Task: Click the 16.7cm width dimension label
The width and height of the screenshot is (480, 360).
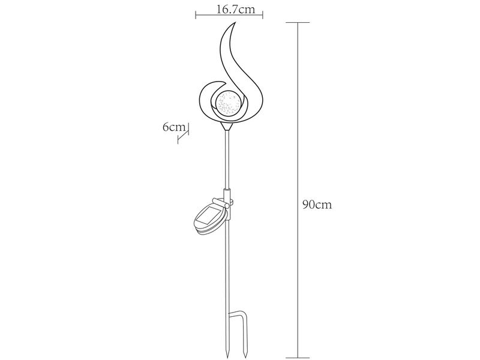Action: [235, 10]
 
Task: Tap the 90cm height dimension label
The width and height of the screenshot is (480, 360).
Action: [317, 205]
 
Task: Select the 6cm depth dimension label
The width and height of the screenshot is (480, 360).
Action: [174, 127]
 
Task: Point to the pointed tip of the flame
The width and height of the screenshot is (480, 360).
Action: [235, 22]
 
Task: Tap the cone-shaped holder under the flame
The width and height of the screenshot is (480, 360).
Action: [227, 126]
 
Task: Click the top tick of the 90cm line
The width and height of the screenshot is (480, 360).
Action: [298, 22]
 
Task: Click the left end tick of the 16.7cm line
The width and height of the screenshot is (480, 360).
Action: [196, 14]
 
